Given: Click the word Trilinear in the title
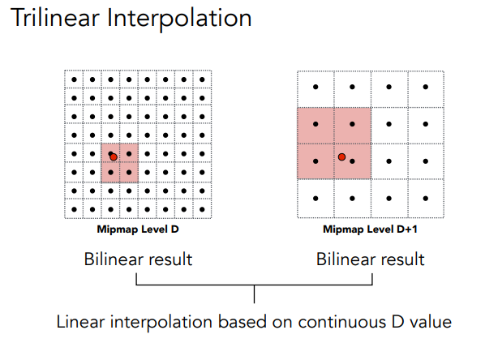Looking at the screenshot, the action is pos(55,18).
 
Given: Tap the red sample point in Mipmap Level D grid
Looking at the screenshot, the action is pos(114,157).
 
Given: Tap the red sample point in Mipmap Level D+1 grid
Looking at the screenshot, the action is pos(341,157).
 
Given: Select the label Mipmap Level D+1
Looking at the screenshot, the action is pos(371,229).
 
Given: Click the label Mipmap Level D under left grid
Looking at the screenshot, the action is pos(138,229).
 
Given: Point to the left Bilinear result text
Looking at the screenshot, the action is pos(138,259).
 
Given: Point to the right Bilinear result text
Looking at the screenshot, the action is pos(371,259).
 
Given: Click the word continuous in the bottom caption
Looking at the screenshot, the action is pos(342,322).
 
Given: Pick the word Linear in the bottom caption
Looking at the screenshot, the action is pos(81,322).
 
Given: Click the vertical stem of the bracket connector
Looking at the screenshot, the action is pos(254,294).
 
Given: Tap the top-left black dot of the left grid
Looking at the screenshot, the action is pos(75,79).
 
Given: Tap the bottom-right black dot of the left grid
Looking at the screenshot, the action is pos(202,209).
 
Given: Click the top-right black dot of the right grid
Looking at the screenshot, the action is pos(426,87).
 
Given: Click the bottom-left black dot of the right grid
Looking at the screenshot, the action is pos(315,199).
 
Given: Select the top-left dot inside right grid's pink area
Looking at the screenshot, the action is pos(315,124).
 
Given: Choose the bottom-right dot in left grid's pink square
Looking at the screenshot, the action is pos(129,172).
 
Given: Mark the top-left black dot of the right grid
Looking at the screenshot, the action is pos(315,87).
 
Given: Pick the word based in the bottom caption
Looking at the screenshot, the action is pos(242,322).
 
